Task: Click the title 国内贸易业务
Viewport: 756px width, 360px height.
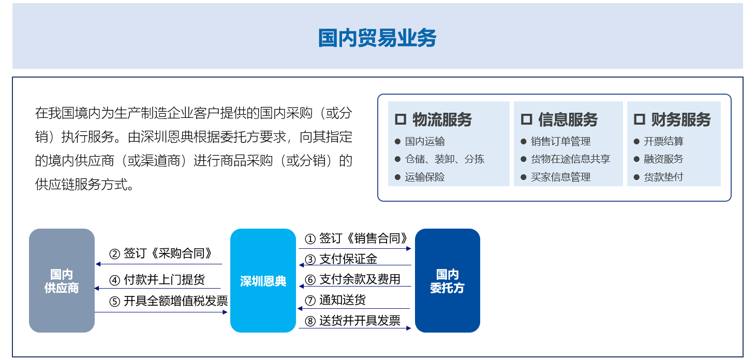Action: [x=377, y=38]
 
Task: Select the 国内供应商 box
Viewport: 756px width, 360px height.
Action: [x=62, y=280]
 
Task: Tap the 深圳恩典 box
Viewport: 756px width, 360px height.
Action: [x=263, y=280]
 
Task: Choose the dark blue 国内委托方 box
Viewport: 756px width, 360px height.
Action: [x=448, y=280]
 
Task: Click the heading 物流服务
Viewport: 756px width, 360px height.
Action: [x=442, y=119]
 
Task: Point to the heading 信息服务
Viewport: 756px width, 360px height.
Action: [x=568, y=119]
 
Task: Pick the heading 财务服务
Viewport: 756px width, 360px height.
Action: [x=681, y=119]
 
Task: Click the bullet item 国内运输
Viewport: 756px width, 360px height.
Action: [x=425, y=141]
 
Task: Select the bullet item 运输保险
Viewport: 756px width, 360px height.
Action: [x=425, y=177]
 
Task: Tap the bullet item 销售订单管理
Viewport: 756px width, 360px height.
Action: [x=560, y=141]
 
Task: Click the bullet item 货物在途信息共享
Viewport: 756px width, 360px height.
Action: [x=570, y=159]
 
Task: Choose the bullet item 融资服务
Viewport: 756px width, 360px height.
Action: [x=663, y=159]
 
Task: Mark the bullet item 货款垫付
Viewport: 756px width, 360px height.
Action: [x=663, y=177]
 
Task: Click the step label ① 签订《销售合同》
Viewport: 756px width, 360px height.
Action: [x=357, y=238]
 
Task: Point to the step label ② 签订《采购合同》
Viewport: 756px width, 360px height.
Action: [x=161, y=253]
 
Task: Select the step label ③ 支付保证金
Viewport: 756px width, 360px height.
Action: [x=341, y=259]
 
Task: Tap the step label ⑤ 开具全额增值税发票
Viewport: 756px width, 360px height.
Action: [x=168, y=301]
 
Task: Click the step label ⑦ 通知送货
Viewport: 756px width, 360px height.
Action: [x=335, y=300]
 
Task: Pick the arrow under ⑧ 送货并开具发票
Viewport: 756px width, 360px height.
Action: [x=355, y=328]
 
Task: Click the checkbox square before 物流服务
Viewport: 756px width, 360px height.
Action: [x=401, y=119]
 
